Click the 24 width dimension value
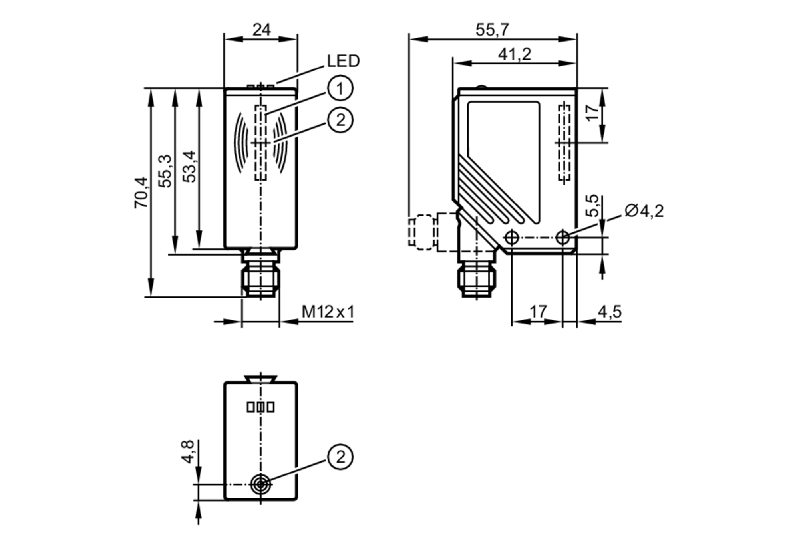point(262,30)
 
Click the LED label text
point(343,61)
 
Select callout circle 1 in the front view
point(340,88)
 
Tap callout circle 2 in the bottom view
point(340,457)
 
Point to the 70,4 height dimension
point(141,192)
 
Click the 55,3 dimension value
point(165,171)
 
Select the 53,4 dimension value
point(189,167)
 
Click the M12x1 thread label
point(328,312)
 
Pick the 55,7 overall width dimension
point(492,30)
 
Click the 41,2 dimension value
point(515,54)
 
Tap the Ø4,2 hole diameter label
point(644,211)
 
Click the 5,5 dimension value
point(593,206)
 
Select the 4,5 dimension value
point(610,312)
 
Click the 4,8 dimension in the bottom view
point(187,451)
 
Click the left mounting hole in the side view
point(512,238)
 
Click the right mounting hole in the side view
point(562,238)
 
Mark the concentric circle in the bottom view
point(260,484)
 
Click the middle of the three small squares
point(260,407)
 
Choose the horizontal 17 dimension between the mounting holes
point(538,312)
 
